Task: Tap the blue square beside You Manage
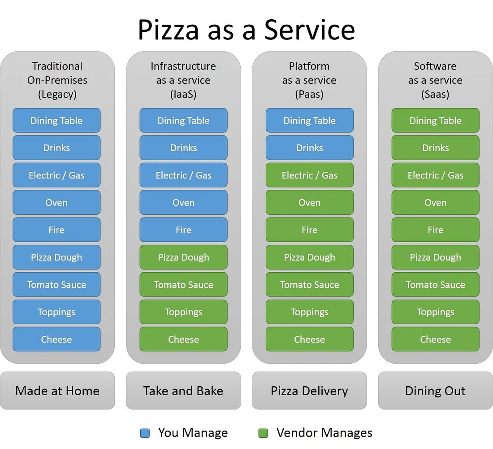(145, 433)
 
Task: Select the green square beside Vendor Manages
(263, 433)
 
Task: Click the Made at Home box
(57, 391)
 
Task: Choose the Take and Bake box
(183, 391)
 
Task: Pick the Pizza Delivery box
(309, 391)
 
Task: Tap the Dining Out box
(435, 391)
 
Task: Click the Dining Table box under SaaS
(435, 121)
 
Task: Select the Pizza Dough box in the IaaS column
(183, 257)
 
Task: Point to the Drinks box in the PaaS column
(309, 148)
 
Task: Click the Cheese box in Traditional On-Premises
(56, 340)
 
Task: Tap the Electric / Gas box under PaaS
(309, 175)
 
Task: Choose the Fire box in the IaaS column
(183, 230)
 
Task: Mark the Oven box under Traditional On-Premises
(56, 203)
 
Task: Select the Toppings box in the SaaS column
(435, 312)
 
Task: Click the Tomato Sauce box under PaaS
(309, 285)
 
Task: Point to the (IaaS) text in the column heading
(183, 95)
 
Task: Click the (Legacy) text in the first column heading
(57, 95)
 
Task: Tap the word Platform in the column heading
(309, 66)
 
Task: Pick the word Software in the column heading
(435, 66)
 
